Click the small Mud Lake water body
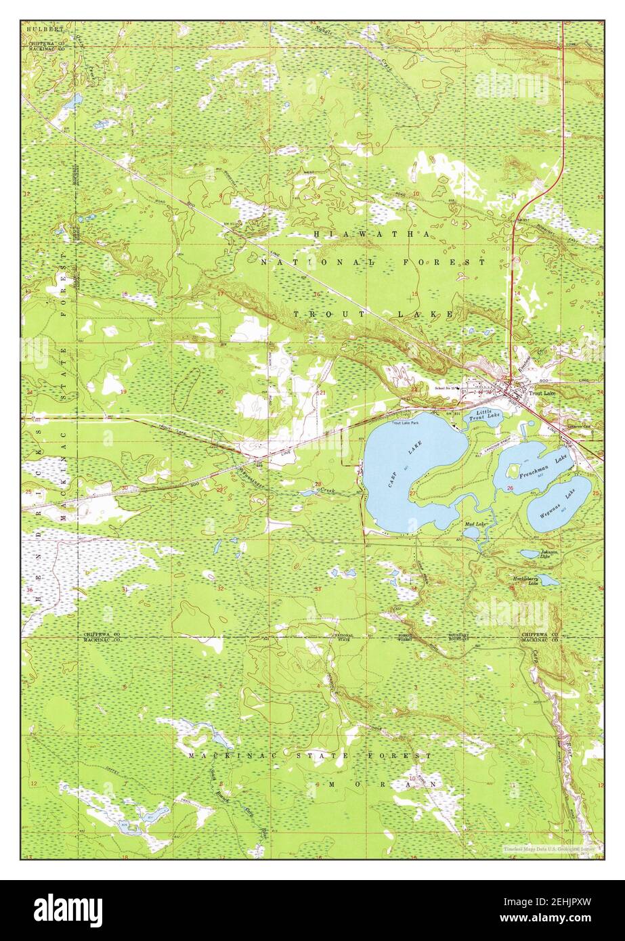(472, 533)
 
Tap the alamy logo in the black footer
(68, 910)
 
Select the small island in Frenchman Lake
(513, 469)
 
